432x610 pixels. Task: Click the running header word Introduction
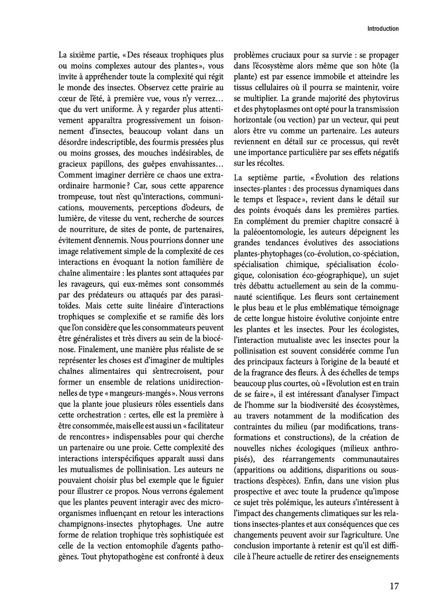(x=382, y=29)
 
